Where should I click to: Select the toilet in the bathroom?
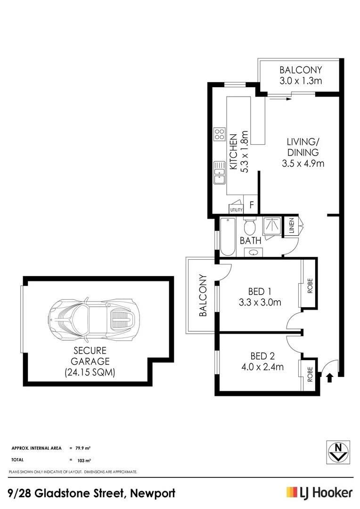tap(250, 227)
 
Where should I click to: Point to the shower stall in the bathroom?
tap(272, 227)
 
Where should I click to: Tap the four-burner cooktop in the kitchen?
tap(219, 134)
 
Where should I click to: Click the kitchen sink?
tap(219, 173)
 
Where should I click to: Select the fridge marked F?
tap(252, 205)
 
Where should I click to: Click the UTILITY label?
tap(236, 210)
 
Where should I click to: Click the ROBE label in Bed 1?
tap(310, 286)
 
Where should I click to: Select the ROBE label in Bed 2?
tap(310, 375)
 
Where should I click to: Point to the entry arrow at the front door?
tap(329, 377)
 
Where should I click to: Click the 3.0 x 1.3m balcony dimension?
tap(300, 81)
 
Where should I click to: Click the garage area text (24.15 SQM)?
tap(90, 372)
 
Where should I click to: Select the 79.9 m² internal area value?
tap(83, 448)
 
